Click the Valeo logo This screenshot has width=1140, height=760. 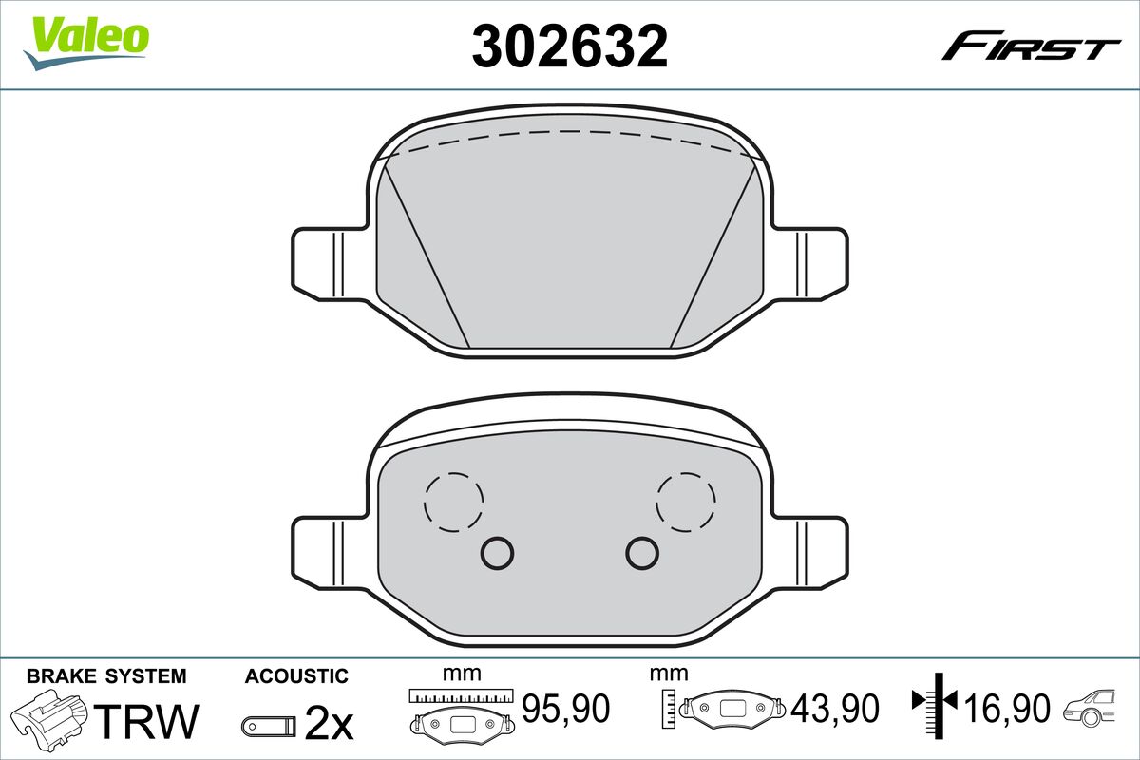86,43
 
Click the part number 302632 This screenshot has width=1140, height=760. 569,46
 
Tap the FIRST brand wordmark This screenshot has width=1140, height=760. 1031,53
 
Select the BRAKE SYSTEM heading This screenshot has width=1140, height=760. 106,676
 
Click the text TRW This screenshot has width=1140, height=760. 146,721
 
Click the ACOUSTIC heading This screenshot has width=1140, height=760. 296,676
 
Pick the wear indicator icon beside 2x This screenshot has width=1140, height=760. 269,726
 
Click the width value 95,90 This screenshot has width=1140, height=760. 565,708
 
